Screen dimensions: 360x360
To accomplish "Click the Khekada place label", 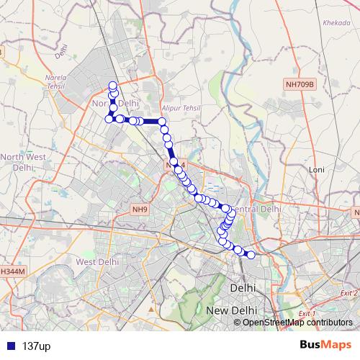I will pyautogui.click(x=336, y=22).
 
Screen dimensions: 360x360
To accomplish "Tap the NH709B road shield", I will pyautogui.click(x=300, y=84).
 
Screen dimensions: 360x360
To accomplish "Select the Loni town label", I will pyautogui.click(x=317, y=169).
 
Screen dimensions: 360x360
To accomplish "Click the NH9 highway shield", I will pyautogui.click(x=139, y=210).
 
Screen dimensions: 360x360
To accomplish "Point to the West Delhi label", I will pyautogui.click(x=96, y=262).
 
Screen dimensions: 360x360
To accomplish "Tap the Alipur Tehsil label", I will pyautogui.click(x=180, y=107).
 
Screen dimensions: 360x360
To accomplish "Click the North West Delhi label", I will pyautogui.click(x=24, y=162).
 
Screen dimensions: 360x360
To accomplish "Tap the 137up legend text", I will pyautogui.click(x=36, y=346).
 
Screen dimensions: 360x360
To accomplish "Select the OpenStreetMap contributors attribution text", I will pyautogui.click(x=297, y=322).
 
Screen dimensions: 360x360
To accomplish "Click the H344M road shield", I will pyautogui.click(x=12, y=271).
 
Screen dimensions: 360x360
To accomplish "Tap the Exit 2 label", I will pyautogui.click(x=348, y=293).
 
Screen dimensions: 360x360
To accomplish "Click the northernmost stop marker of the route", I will pyautogui.click(x=112, y=86).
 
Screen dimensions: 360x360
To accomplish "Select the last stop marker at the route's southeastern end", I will pyautogui.click(x=251, y=253).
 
